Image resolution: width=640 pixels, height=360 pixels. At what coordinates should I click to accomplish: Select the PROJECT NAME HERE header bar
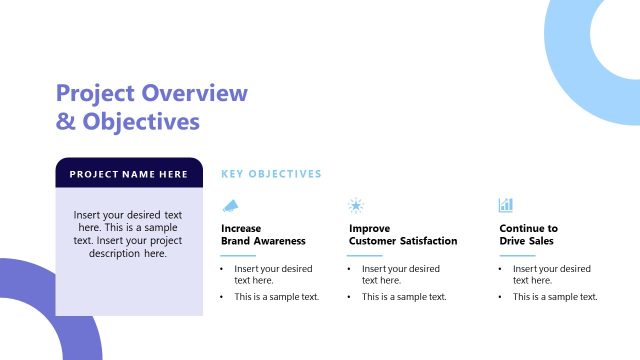(129, 174)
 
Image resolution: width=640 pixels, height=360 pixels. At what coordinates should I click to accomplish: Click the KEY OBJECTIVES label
(271, 174)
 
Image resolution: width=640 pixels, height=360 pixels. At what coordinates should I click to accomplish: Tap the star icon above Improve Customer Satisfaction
(355, 205)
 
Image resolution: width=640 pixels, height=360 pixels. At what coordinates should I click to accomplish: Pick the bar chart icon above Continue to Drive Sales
(506, 205)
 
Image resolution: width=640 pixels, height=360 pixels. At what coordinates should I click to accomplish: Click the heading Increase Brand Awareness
(263, 235)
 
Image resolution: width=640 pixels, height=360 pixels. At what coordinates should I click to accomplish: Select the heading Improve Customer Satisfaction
(403, 235)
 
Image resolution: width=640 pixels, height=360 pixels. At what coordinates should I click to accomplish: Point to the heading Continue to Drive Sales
(528, 235)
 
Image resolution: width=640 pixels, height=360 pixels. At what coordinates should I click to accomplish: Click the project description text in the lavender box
(128, 234)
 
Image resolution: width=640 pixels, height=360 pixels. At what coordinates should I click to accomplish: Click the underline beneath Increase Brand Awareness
(238, 255)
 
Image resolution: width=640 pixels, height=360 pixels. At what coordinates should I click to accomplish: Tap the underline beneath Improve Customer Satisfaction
(365, 255)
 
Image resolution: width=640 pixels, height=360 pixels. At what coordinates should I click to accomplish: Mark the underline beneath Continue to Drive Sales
(516, 255)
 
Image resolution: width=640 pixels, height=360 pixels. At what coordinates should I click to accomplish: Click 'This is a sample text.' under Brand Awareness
(276, 297)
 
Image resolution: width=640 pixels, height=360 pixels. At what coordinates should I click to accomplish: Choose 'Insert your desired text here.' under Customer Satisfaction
(400, 275)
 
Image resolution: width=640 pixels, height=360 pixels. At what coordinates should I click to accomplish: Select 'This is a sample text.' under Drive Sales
(554, 297)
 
